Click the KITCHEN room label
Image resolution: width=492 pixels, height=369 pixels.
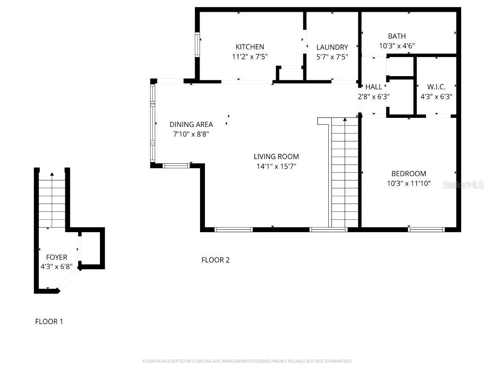tap(249, 47)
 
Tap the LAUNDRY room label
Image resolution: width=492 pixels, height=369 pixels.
tap(332, 47)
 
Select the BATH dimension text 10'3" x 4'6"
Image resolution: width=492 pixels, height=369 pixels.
tap(397, 46)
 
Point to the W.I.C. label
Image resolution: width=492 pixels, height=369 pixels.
tap(436, 87)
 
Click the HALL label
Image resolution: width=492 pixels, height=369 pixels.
tap(374, 87)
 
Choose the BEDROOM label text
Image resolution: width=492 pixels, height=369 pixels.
tap(409, 174)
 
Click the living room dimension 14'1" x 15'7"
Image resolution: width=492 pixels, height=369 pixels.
tap(276, 166)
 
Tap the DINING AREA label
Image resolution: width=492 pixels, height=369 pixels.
tap(191, 124)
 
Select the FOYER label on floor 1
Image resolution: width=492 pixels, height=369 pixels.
tap(56, 257)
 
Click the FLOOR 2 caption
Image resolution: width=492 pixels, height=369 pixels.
tap(215, 260)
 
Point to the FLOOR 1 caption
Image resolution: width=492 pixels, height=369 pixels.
tap(49, 321)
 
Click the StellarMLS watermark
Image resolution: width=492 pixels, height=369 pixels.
tap(463, 185)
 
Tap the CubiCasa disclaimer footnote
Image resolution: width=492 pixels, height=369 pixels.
tap(247, 361)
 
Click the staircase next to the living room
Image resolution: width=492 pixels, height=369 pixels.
tap(345, 172)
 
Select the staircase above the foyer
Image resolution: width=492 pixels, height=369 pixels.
tap(52, 202)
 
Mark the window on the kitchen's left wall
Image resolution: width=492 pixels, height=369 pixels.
tap(198, 44)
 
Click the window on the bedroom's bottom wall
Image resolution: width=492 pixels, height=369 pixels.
tap(426, 229)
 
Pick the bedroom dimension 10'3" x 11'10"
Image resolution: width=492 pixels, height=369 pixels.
tap(409, 184)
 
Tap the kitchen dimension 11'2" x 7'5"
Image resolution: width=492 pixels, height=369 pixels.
tap(249, 57)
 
